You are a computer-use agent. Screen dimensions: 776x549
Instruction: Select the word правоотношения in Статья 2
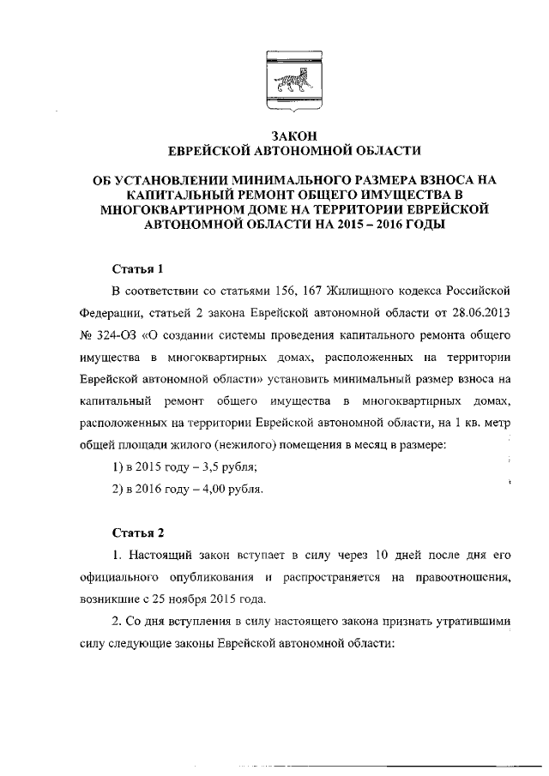tap(469, 579)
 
